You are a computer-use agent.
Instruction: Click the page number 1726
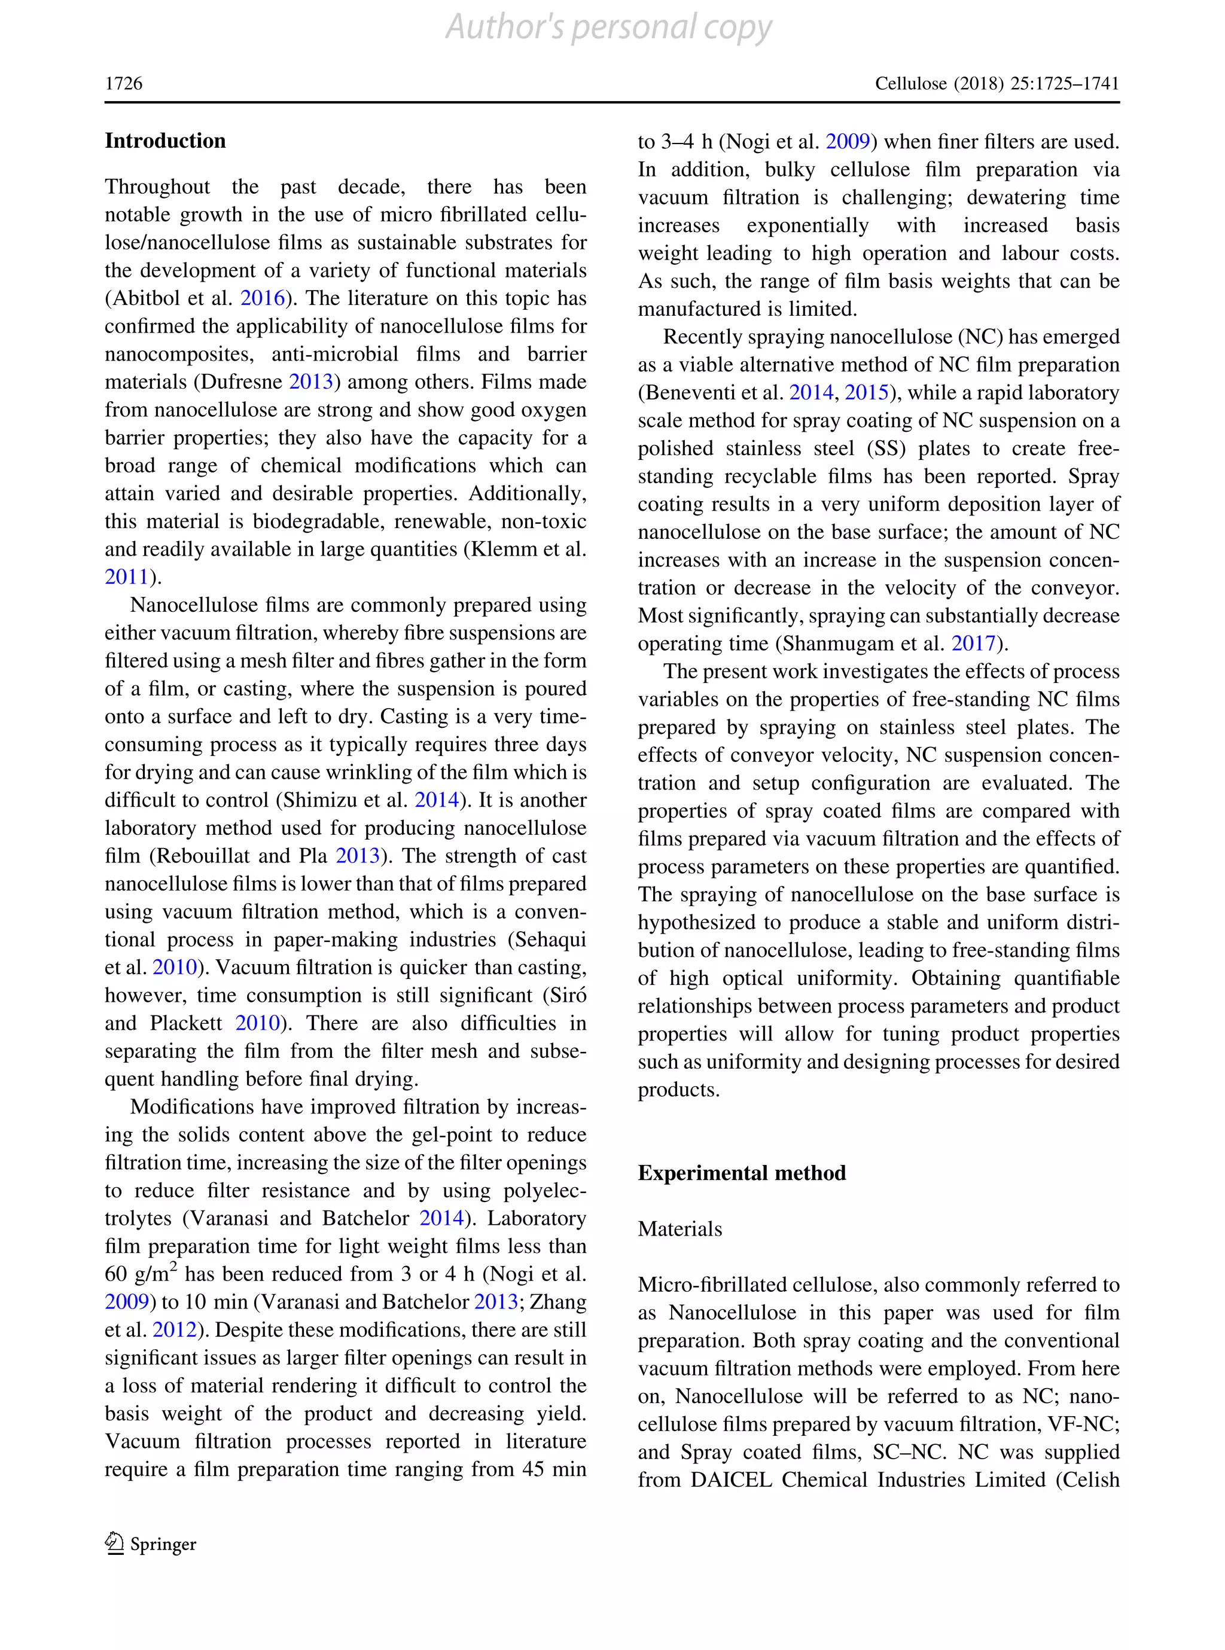tap(123, 83)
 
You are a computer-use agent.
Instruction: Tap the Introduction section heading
tap(164, 141)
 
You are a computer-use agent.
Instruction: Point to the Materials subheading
tap(679, 1229)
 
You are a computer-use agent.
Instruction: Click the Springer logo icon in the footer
tap(114, 1544)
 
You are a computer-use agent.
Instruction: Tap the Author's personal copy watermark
tap(609, 28)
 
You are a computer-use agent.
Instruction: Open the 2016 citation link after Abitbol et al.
tap(263, 298)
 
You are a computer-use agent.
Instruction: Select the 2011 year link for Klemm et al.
tap(127, 577)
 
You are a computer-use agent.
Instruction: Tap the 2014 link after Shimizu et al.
tap(436, 800)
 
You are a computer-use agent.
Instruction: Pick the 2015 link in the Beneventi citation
tap(866, 392)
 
